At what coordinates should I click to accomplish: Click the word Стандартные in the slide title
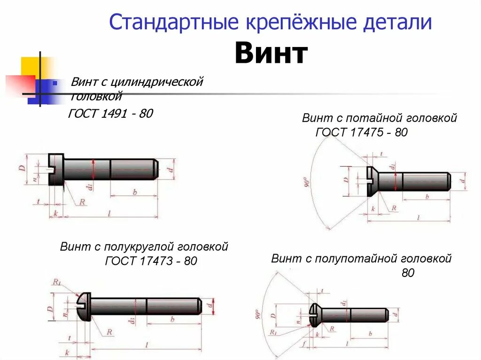(174, 23)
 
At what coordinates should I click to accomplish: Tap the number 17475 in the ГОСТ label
(365, 132)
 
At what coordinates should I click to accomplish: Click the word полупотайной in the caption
(356, 258)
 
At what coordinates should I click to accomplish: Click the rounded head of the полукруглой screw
(83, 305)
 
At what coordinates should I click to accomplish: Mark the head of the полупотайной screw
(314, 314)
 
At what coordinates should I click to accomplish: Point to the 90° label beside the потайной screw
(307, 182)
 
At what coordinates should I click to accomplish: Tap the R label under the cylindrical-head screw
(82, 202)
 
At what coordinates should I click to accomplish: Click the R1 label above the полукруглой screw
(57, 282)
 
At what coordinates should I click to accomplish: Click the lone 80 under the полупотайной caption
(408, 273)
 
